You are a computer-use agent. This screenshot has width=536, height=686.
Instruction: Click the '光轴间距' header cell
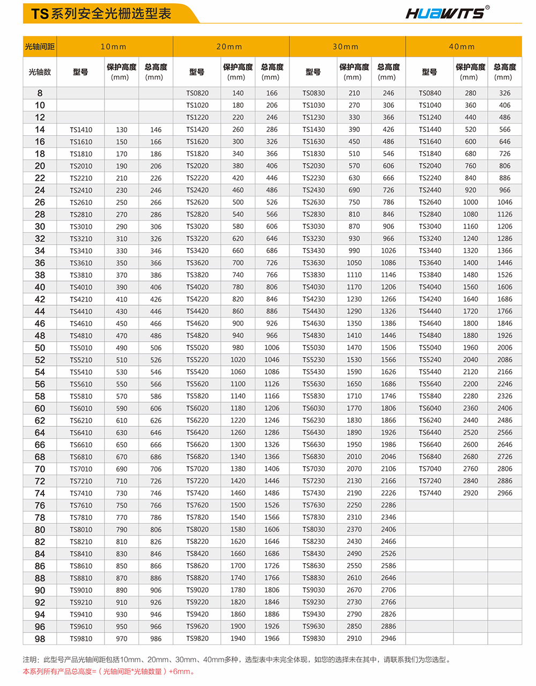[40, 47]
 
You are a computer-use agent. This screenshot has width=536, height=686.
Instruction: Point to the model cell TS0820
[197, 93]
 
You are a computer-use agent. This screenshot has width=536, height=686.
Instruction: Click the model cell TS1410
[81, 130]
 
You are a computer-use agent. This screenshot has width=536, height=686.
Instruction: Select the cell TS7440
[430, 493]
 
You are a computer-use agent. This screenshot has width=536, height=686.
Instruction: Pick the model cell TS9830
[314, 639]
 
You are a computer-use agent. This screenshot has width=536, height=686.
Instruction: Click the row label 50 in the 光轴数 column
[40, 348]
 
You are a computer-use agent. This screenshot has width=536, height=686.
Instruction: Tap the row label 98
[40, 639]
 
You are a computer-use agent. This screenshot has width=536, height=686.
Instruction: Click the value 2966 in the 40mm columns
[504, 493]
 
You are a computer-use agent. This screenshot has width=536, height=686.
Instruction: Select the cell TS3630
[314, 263]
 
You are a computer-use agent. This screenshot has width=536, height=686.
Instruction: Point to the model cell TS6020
[197, 408]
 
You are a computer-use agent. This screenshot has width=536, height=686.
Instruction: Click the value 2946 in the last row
[388, 639]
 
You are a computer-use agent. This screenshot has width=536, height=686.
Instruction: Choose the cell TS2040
[430, 166]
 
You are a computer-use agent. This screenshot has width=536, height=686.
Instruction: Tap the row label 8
[40, 93]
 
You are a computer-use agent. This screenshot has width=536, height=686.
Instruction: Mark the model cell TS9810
[81, 639]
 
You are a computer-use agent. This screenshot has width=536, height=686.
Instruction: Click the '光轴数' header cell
[40, 72]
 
